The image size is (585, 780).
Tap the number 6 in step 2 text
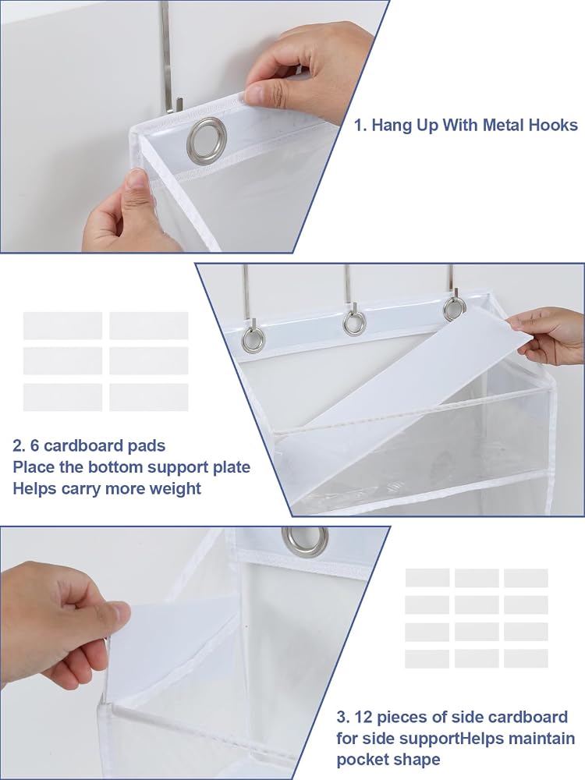tap(35, 445)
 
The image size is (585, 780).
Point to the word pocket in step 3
tap(363, 760)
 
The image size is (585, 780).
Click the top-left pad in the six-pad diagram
tap(62, 326)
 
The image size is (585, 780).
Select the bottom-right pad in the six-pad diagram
tap(149, 397)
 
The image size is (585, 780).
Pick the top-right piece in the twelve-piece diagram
tap(526, 578)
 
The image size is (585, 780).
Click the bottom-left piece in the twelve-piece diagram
tap(427, 658)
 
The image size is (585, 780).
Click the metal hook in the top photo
tap(168, 55)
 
